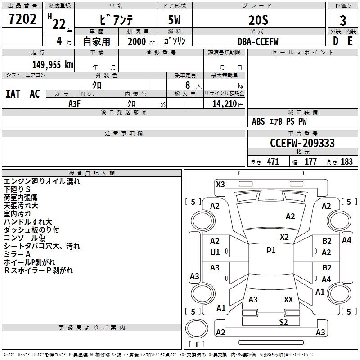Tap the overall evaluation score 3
click(x=343, y=20)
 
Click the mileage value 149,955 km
click(x=53, y=64)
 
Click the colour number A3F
click(x=75, y=103)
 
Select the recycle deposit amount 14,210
click(x=223, y=103)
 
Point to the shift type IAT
click(x=13, y=94)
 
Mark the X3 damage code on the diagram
click(x=220, y=184)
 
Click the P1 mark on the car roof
click(x=271, y=251)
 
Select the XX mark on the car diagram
click(x=288, y=299)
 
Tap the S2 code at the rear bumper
click(x=283, y=322)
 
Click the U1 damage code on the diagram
click(x=215, y=252)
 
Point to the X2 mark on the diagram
click(x=284, y=237)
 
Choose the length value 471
click(x=273, y=162)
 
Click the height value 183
click(x=346, y=162)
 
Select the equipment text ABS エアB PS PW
click(x=279, y=121)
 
